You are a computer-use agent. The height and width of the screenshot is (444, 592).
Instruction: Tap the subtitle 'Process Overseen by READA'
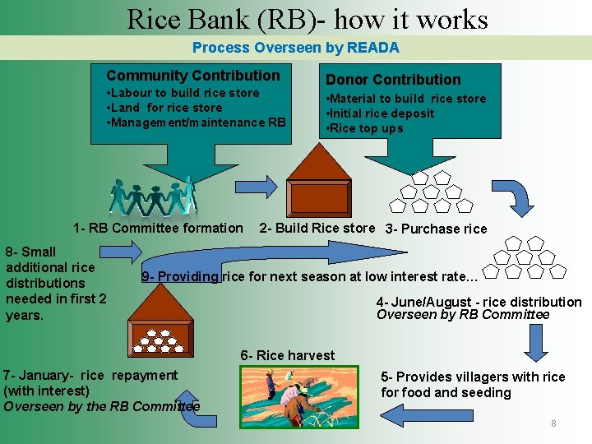295,48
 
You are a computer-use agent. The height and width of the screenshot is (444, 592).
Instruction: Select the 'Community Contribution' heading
193,76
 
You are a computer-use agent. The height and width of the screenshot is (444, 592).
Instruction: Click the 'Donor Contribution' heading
393,80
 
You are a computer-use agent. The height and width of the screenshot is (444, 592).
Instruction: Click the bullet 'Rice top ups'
367,128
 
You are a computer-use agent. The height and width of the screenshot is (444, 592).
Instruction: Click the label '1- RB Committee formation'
158,228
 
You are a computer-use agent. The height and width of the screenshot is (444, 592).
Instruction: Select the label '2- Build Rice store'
317,228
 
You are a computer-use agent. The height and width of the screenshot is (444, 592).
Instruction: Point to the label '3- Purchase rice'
436,229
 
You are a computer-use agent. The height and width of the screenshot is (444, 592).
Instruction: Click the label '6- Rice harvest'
288,355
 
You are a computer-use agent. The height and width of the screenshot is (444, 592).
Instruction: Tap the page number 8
553,423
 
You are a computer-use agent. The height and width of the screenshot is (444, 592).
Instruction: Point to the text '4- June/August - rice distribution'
479,302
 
